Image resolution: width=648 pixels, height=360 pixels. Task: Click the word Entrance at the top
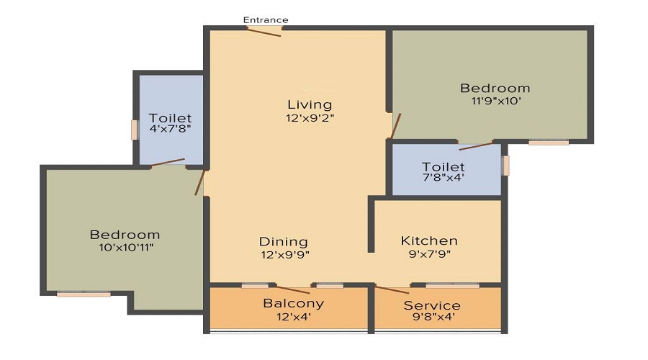[266, 19]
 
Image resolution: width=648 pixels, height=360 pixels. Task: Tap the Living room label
[310, 104]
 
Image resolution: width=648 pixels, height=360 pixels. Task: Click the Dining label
[283, 242]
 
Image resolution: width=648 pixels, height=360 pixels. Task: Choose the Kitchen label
[429, 240]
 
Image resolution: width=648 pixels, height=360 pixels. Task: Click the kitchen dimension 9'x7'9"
[429, 253]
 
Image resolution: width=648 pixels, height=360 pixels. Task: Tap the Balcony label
[293, 303]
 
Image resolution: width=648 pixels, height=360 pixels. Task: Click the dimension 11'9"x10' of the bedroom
[495, 101]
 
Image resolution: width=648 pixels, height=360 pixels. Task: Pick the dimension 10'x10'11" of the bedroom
[125, 247]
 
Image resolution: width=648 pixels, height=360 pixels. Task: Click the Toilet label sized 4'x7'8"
[170, 118]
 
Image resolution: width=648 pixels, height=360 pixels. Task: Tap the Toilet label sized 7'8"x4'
[444, 167]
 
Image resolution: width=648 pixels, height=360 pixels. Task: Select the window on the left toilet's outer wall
[134, 130]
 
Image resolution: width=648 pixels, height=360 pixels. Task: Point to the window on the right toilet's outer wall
[505, 166]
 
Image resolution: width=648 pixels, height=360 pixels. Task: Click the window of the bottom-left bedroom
[84, 293]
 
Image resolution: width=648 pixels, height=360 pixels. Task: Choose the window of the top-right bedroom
[549, 143]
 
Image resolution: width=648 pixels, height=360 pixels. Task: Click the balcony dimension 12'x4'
[293, 316]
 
